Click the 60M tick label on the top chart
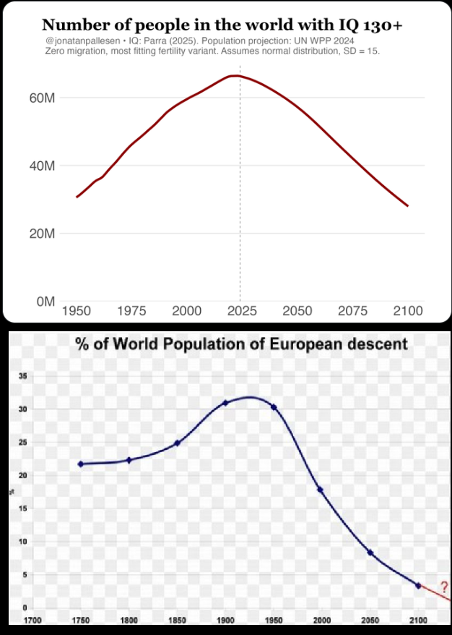click(x=43, y=98)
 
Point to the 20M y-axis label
click(x=43, y=234)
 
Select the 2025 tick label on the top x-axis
click(x=242, y=311)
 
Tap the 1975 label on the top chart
click(x=131, y=311)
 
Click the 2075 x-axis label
click(x=352, y=311)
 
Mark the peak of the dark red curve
click(x=233, y=76)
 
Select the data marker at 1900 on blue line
click(x=225, y=403)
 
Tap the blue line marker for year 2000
click(x=320, y=490)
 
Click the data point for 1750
click(x=81, y=464)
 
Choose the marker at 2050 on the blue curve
click(x=370, y=553)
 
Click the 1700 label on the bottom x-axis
click(x=32, y=621)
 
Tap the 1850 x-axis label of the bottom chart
click(x=177, y=621)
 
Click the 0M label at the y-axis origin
click(x=45, y=302)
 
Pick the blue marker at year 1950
click(x=274, y=407)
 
